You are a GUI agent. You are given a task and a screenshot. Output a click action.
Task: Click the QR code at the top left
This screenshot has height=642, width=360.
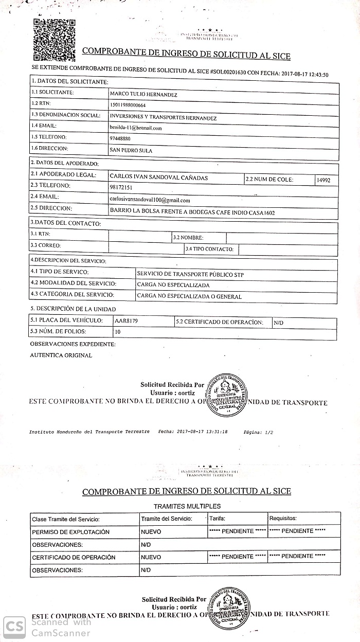click(x=54, y=40)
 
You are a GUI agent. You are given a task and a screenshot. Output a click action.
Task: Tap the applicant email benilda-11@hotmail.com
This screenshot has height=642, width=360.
click(x=136, y=128)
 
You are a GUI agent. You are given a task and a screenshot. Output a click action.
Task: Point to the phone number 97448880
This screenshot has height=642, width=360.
click(x=120, y=139)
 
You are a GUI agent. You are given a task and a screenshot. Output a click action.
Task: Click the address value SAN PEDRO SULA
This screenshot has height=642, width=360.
click(x=131, y=151)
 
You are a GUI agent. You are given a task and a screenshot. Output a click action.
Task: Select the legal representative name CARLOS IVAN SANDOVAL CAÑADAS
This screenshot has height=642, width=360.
click(x=158, y=178)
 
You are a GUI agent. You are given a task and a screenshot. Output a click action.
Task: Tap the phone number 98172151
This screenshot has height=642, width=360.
click(x=121, y=188)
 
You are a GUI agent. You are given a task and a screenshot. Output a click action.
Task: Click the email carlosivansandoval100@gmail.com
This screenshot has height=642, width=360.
click(x=150, y=200)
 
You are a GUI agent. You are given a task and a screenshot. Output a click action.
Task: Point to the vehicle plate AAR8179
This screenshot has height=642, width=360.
click(x=127, y=321)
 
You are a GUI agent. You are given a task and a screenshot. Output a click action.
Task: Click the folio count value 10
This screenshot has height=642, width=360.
click(x=118, y=332)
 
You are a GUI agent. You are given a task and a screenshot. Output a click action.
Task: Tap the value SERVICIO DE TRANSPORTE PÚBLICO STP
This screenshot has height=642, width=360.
click(x=190, y=274)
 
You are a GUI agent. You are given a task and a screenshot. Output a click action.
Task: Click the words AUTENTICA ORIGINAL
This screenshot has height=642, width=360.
click(x=61, y=355)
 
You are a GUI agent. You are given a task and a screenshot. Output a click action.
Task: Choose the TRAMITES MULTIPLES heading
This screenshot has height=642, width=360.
click(x=187, y=506)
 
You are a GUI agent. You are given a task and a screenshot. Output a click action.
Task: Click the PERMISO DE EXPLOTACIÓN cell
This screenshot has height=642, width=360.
click(x=70, y=532)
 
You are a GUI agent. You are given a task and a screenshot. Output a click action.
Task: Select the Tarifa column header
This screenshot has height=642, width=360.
click(x=217, y=519)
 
